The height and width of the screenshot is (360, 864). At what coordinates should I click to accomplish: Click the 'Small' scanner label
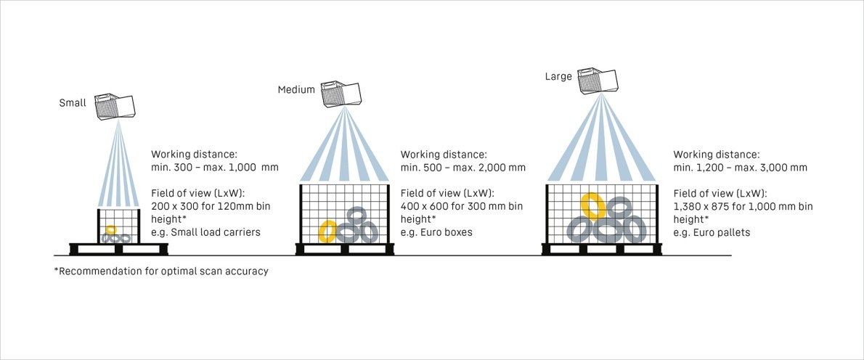(73, 103)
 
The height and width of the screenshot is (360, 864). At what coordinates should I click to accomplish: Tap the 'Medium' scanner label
(296, 90)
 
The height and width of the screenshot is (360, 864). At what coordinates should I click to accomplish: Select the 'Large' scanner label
(559, 75)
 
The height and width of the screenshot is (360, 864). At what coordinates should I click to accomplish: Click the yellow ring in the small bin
(110, 230)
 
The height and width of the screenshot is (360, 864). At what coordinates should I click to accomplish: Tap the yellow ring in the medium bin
(327, 231)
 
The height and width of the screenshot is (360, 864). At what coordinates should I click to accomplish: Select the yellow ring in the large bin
(592, 207)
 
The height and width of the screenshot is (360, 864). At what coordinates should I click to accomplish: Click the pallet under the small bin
(120, 249)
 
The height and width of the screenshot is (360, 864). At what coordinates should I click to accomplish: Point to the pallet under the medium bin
(345, 249)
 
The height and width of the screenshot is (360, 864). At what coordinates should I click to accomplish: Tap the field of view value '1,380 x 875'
(704, 207)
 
